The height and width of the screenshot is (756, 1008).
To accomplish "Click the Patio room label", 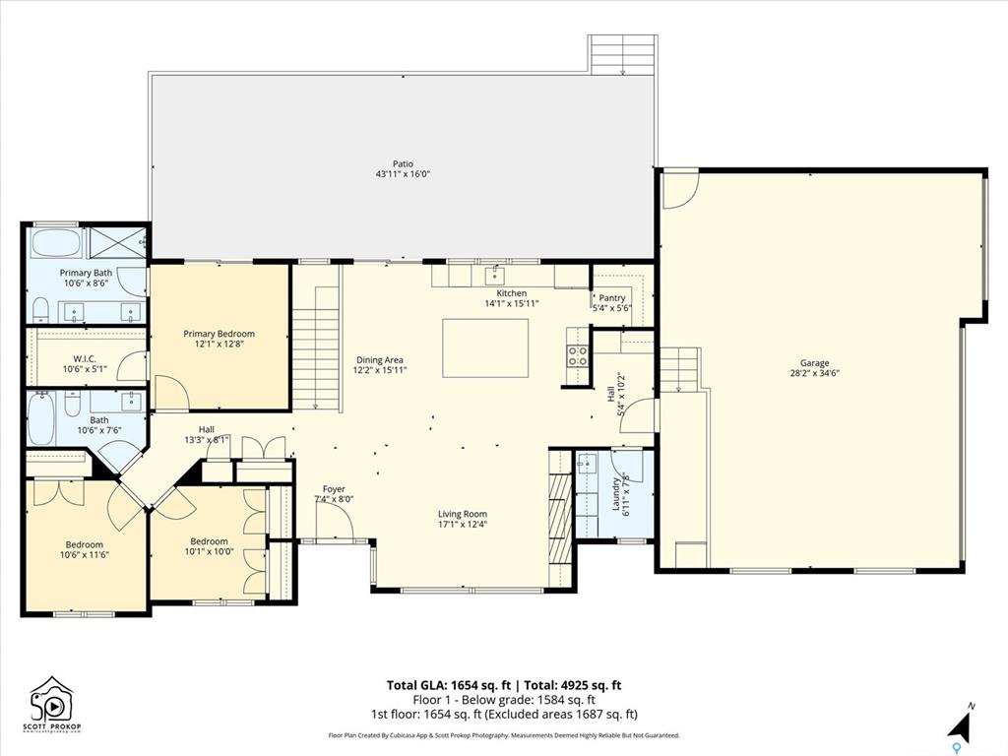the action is click(403, 164).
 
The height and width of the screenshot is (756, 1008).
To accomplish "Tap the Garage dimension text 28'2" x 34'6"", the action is click(814, 373).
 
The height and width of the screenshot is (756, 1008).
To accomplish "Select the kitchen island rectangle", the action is click(485, 347).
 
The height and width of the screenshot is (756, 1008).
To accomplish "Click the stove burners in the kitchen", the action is click(577, 355).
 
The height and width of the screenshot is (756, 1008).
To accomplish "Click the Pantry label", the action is click(612, 298).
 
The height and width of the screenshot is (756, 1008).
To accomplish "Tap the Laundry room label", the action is click(616, 494).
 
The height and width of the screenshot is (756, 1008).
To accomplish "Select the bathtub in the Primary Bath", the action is click(56, 244).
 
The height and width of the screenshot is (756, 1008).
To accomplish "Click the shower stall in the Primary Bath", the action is click(116, 243).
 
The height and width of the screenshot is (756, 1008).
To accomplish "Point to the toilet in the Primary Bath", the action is click(40, 309).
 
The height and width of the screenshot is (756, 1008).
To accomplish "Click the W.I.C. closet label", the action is click(85, 359).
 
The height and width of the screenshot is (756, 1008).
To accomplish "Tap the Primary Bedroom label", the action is click(220, 334).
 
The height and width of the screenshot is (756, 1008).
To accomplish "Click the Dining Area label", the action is click(380, 360).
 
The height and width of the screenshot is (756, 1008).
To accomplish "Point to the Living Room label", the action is click(463, 514).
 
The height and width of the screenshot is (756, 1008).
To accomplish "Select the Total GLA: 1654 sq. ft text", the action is click(449, 685).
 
